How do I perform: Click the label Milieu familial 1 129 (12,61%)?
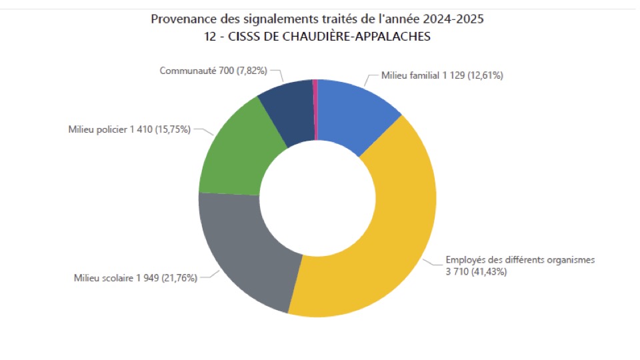pos(442,75)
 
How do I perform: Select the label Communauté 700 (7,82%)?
pos(215,71)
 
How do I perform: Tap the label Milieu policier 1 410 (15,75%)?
pos(129,129)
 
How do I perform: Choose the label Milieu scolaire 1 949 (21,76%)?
pos(135,278)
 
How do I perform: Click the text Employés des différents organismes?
pos(519,260)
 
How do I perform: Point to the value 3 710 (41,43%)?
pos(475,272)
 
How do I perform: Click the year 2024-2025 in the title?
pos(453,19)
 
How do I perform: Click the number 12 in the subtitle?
pos(210,37)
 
